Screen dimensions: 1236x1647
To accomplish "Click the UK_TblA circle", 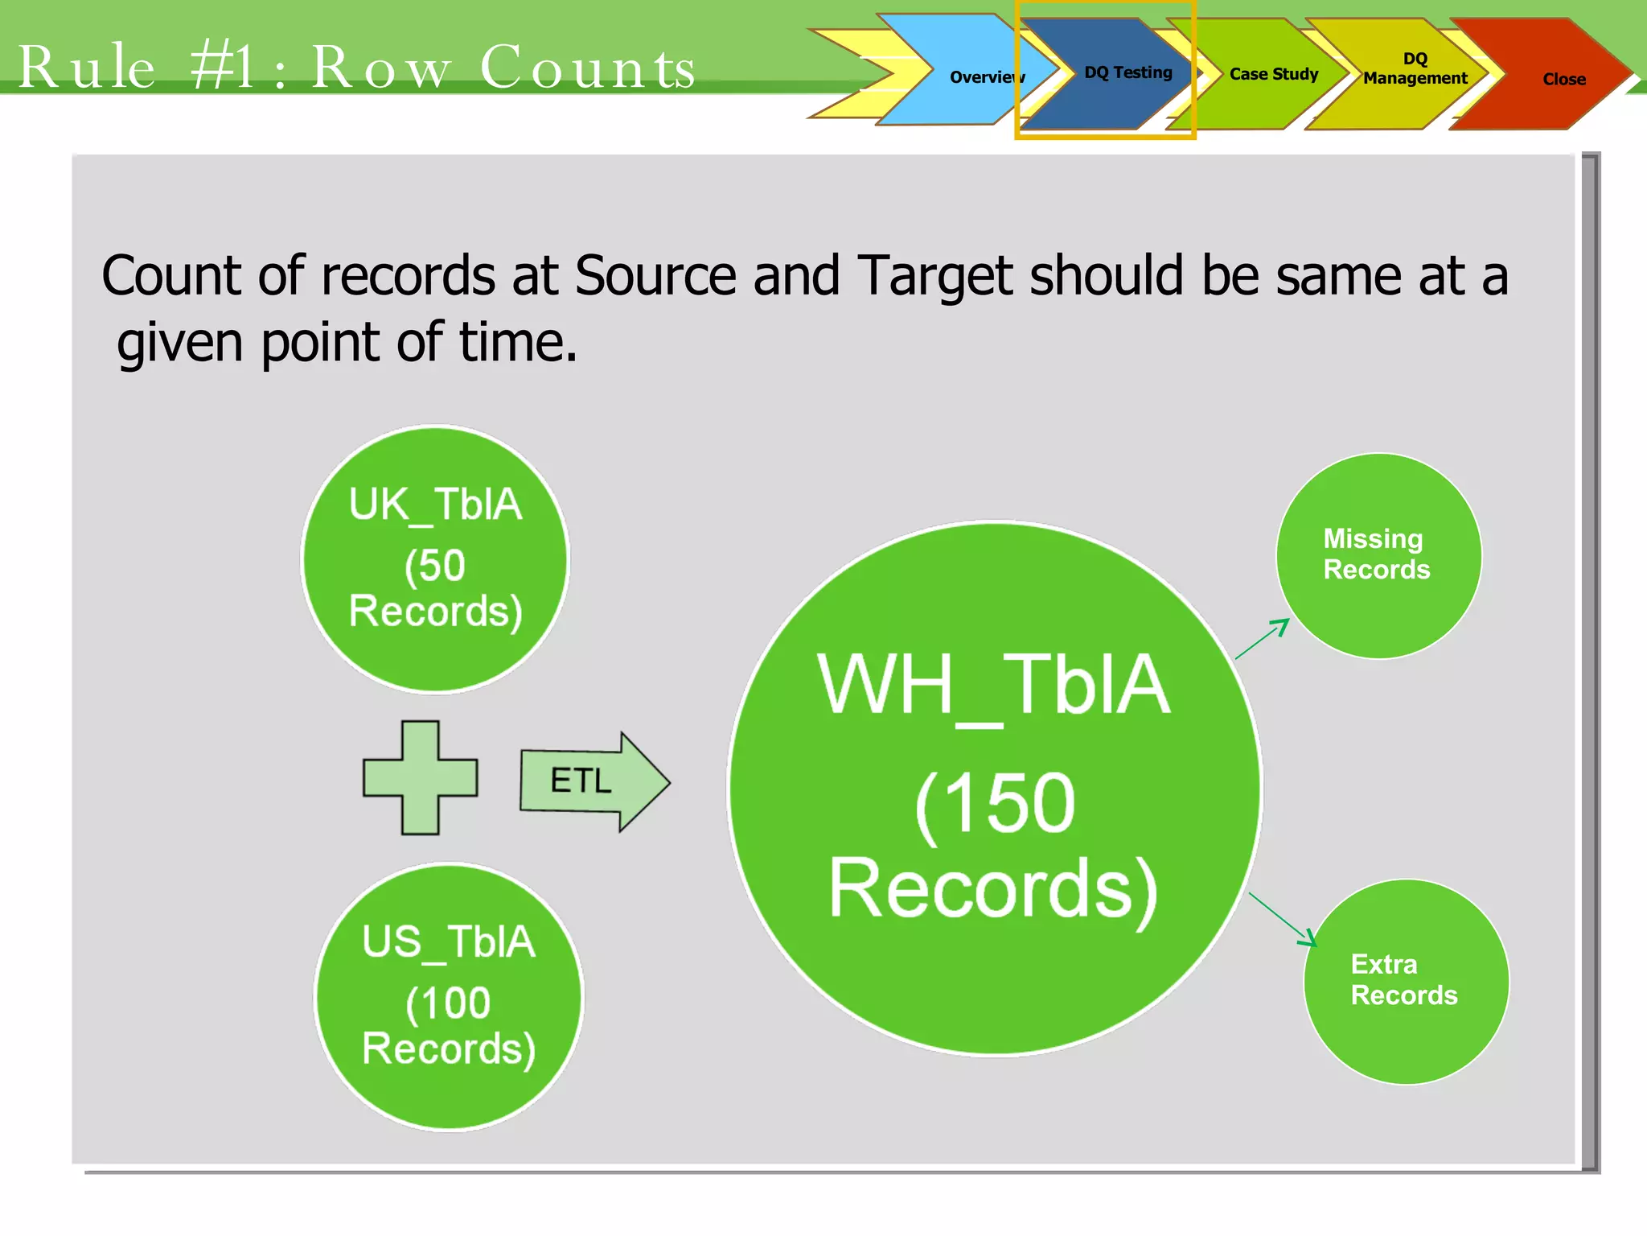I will pyautogui.click(x=435, y=559).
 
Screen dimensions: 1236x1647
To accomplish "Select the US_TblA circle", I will pyautogui.click(x=449, y=997).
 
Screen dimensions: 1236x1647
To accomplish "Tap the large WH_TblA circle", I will pyautogui.click(x=995, y=788).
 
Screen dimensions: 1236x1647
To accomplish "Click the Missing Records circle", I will pyautogui.click(x=1378, y=555).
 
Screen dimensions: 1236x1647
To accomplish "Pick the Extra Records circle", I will pyautogui.click(x=1406, y=981).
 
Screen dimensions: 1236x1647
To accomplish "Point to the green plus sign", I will pyautogui.click(x=420, y=777).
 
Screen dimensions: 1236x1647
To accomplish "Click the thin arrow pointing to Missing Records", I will pyautogui.click(x=1263, y=639).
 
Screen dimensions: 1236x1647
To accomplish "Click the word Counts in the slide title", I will pyautogui.click(x=587, y=67).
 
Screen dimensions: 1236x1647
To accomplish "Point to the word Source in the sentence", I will pyautogui.click(x=655, y=276).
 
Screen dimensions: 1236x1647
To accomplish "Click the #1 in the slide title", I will pyautogui.click(x=224, y=67).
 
